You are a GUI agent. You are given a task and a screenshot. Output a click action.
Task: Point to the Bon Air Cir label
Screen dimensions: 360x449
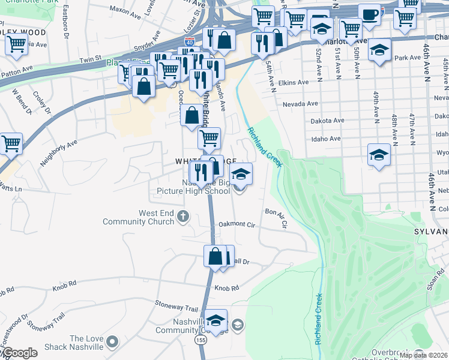coord(277,217)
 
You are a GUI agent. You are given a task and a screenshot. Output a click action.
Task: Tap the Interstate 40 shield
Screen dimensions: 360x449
coord(190,43)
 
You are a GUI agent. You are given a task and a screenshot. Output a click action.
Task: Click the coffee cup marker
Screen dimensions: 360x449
coord(369,14)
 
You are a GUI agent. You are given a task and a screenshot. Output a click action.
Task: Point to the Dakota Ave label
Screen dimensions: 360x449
coord(327,121)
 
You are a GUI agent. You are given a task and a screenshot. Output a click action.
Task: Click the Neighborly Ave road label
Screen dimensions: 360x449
coord(59,153)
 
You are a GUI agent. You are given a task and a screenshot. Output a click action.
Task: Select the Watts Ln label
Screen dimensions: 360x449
coord(10,190)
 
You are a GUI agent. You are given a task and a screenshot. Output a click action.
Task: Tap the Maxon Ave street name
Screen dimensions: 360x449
coord(124,10)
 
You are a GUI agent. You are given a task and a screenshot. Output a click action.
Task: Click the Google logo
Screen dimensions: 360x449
coord(19,353)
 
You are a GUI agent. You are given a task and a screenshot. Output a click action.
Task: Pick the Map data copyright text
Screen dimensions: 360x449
coord(423,355)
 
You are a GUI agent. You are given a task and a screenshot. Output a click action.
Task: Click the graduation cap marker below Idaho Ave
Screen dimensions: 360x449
coord(379,155)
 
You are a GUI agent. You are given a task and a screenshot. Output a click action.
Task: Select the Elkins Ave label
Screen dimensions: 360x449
coord(294,82)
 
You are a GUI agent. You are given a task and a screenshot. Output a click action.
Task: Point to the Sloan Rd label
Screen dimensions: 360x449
coord(436,280)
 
